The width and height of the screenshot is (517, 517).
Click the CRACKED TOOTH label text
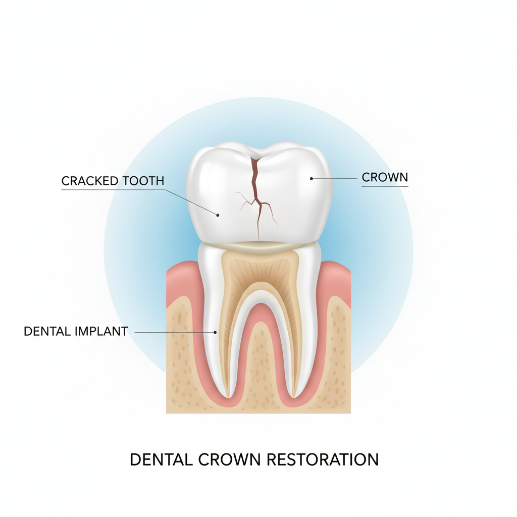coord(113,181)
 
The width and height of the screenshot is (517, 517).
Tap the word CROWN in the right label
coord(385,177)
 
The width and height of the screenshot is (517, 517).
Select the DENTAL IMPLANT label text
coord(76,332)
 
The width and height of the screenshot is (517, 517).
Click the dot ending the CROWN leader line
coord(311,178)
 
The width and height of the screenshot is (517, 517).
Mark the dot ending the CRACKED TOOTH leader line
coord(218,215)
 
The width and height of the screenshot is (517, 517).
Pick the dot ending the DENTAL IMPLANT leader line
coord(216,332)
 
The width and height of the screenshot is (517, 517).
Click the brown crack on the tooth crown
coord(257,192)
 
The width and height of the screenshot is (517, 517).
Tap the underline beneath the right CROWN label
coord(385,186)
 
